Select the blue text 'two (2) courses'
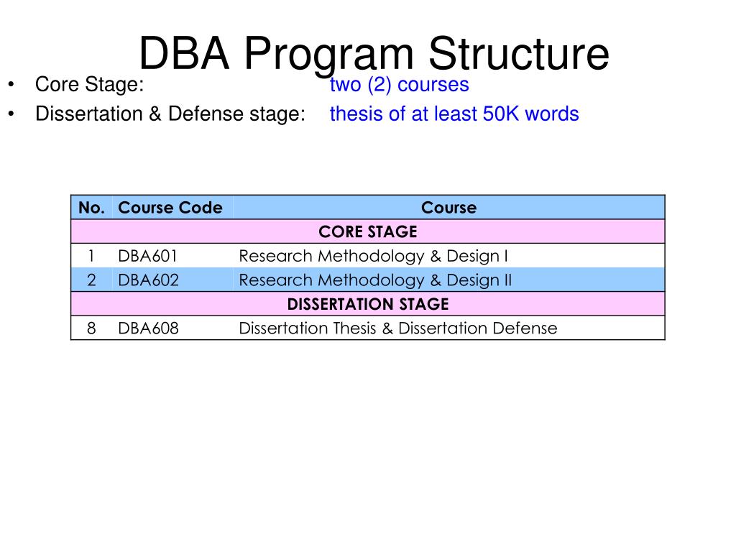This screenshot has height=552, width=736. tap(399, 85)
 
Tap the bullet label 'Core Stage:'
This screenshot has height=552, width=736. tap(90, 85)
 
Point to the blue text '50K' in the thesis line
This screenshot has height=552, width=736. tap(502, 114)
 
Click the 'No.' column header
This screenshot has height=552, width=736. tap(92, 208)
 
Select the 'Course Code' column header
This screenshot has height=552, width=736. tap(170, 208)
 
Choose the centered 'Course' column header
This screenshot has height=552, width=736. tap(448, 208)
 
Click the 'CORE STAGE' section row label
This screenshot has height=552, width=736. tap(368, 232)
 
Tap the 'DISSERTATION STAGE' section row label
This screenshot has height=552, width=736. tap(368, 304)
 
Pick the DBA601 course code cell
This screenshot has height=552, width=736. tap(148, 256)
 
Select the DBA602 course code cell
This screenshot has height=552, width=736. tap(148, 280)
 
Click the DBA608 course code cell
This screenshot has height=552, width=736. tap(148, 328)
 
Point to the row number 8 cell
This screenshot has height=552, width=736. tap(91, 328)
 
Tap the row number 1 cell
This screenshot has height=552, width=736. tap(91, 256)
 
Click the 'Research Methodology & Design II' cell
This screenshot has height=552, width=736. tap(375, 280)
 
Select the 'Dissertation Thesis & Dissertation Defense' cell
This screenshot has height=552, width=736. tap(397, 328)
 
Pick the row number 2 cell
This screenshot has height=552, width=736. tap(91, 280)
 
